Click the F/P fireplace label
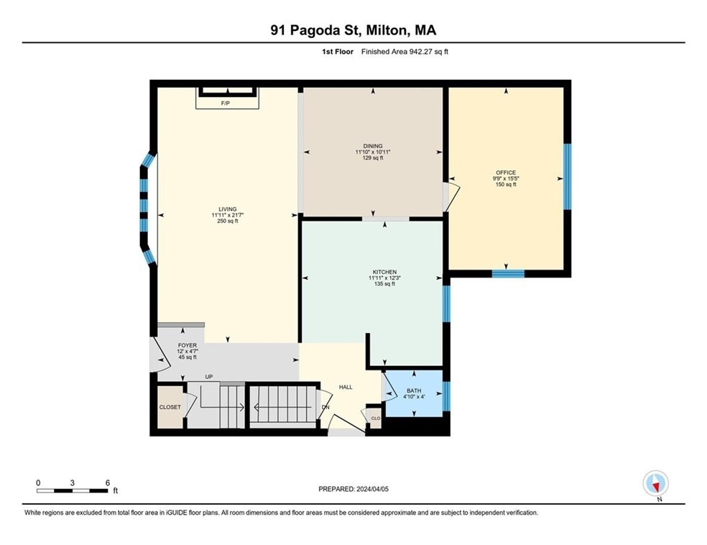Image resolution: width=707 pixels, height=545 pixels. [x=226, y=104]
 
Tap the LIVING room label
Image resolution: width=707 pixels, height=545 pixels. [x=228, y=209]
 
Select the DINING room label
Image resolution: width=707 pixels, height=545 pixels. [x=373, y=146]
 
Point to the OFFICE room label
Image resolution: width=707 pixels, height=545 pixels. [x=506, y=173]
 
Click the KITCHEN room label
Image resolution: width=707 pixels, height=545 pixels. [x=384, y=272]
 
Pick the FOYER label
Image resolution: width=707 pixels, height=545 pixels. [x=187, y=346]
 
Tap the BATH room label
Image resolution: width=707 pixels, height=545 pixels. [x=414, y=390]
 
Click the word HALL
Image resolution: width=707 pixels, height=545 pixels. [x=346, y=387]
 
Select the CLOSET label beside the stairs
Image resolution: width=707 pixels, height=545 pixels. [x=170, y=407]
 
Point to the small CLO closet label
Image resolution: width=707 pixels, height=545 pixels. [x=376, y=418]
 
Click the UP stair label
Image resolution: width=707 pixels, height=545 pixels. [x=209, y=377]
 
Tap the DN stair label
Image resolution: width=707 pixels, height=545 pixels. [x=325, y=407]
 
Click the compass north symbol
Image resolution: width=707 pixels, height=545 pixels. [x=655, y=484]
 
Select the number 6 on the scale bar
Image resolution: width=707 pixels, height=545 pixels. [x=107, y=482]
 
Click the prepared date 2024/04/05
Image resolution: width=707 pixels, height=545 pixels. [x=372, y=489]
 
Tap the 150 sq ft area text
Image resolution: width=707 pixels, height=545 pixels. [x=506, y=185]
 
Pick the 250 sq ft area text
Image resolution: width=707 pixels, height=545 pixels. [x=228, y=221]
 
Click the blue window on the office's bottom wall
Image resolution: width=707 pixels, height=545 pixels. [x=508, y=273]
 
